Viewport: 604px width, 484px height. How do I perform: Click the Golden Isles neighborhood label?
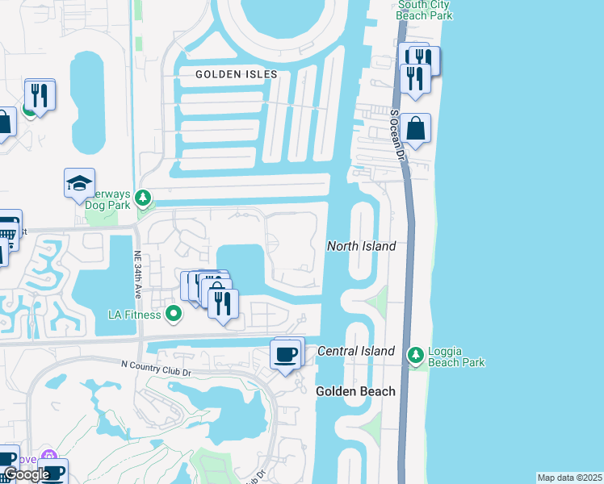click(237, 74)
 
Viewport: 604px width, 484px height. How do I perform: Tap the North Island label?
click(361, 246)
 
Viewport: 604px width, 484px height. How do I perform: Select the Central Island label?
click(356, 351)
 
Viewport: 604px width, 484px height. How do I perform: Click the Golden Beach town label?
click(355, 391)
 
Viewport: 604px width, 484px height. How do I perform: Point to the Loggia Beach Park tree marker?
click(416, 354)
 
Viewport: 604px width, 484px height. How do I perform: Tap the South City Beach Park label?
click(424, 10)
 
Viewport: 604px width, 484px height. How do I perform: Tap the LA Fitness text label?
click(135, 315)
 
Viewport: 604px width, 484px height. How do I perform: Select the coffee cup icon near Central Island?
click(286, 354)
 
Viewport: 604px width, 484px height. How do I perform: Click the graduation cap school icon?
click(79, 184)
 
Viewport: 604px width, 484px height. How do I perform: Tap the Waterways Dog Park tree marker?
click(143, 197)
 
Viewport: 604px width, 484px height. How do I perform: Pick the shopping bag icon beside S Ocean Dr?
click(415, 128)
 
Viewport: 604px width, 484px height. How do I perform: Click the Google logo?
click(26, 474)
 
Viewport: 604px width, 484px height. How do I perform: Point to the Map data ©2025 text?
click(569, 478)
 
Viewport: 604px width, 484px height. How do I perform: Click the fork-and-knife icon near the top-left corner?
click(39, 95)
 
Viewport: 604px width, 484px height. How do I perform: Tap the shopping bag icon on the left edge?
click(4, 123)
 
